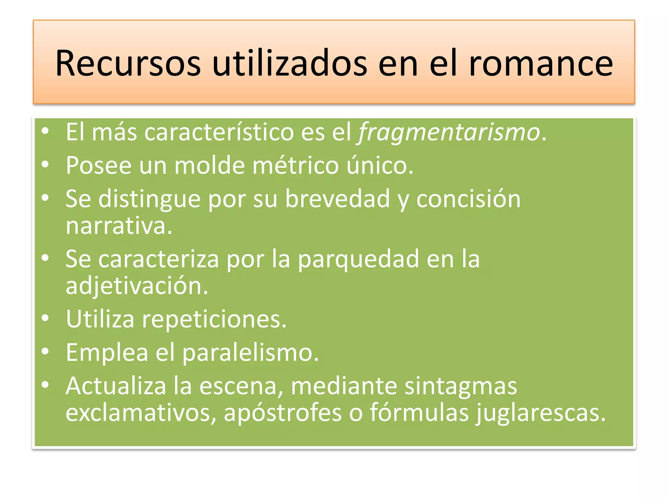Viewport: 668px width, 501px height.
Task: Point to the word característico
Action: pos(219,132)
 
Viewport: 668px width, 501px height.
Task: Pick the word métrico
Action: pos(296,166)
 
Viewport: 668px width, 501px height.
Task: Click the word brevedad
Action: pos(338,199)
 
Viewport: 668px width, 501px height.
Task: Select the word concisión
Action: pos(468,199)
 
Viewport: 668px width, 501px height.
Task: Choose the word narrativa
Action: pos(119,226)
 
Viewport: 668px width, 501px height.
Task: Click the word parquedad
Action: pos(358,259)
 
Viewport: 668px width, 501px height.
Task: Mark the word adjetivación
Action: pos(137,286)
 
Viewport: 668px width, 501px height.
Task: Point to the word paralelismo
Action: pos(250,353)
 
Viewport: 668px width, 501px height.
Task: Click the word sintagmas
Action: pos(461,386)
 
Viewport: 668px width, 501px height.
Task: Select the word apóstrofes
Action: pos(282,413)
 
